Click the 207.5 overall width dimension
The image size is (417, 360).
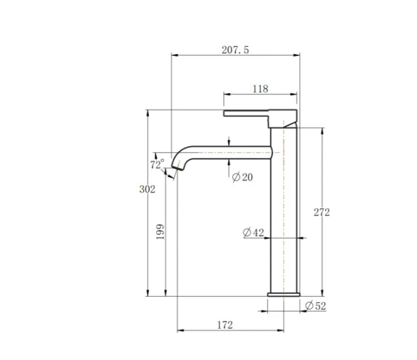click(x=235, y=49)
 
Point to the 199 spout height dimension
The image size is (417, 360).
click(x=161, y=231)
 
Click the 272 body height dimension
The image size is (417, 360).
click(x=321, y=212)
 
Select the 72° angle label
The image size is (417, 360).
click(x=157, y=165)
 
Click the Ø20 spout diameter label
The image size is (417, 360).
click(x=242, y=177)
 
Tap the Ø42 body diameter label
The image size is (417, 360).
click(x=253, y=232)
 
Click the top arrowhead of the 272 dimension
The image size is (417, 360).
click(x=321, y=130)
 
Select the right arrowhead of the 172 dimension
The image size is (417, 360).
click(x=283, y=330)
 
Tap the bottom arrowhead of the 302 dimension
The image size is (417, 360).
click(x=148, y=294)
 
